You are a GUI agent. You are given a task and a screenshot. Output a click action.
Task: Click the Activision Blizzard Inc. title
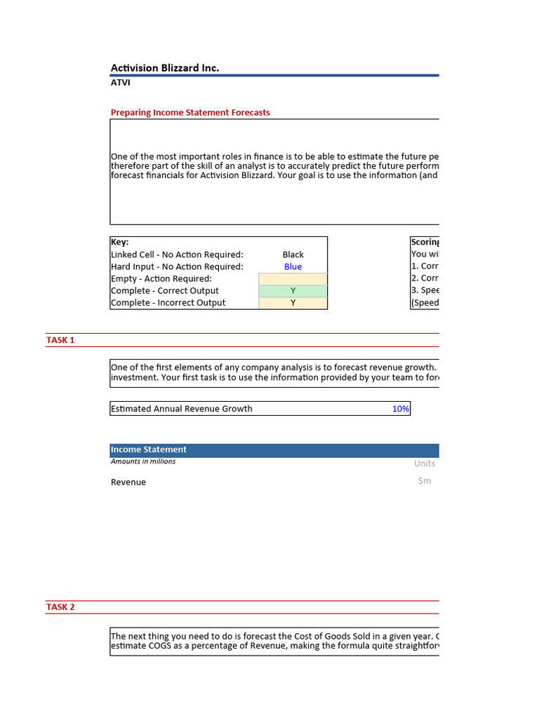click(165, 68)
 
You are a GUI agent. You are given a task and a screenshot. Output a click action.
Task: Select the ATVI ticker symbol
click(120, 83)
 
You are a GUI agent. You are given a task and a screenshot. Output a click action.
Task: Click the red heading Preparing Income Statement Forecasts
click(190, 112)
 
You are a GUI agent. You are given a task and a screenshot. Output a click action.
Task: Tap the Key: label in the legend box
click(120, 242)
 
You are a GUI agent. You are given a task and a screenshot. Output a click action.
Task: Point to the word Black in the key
click(293, 255)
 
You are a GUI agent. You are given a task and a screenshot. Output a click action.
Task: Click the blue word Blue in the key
click(293, 266)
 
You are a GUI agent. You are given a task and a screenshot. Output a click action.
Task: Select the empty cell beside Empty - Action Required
click(293, 278)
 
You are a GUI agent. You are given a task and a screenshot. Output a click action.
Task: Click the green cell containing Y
click(293, 290)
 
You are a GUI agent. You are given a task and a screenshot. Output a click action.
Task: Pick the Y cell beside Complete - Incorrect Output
click(293, 303)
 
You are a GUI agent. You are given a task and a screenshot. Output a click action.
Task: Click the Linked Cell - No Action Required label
click(177, 255)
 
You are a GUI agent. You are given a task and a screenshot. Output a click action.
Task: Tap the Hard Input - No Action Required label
click(177, 266)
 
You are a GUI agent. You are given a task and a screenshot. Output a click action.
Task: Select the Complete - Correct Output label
click(165, 290)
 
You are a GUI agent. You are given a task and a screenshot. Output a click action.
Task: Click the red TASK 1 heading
click(60, 340)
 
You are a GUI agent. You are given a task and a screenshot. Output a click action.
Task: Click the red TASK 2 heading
click(60, 607)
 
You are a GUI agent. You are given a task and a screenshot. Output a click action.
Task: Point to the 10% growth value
click(401, 409)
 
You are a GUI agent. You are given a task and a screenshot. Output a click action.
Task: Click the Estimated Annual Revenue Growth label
click(181, 409)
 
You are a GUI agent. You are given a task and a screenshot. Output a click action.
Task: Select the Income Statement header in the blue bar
click(149, 449)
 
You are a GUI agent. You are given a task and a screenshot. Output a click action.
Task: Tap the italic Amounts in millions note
click(143, 461)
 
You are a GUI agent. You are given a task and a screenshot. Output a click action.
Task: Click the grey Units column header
click(424, 463)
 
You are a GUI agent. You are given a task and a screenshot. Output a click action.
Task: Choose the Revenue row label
click(128, 482)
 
